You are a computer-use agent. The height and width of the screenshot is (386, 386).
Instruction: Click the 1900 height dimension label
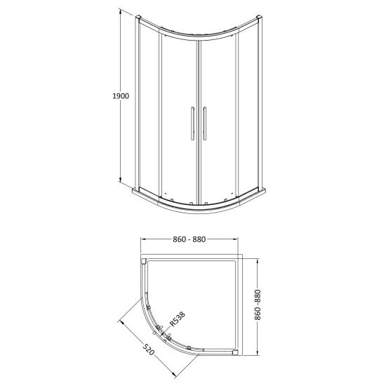(x=121, y=95)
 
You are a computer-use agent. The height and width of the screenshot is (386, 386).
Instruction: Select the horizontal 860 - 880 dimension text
(x=189, y=239)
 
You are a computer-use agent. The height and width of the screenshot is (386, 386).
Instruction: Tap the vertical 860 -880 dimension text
(x=258, y=305)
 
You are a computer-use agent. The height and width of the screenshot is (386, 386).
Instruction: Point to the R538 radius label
(x=178, y=319)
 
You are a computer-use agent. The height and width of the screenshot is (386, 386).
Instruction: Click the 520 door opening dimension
(x=149, y=350)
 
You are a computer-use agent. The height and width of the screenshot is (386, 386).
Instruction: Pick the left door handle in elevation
(x=192, y=124)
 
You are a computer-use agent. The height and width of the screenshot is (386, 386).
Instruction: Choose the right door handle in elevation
(x=204, y=124)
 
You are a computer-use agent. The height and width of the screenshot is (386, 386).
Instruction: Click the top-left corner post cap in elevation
(x=138, y=18)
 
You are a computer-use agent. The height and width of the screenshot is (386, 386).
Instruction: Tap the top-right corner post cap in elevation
(x=259, y=18)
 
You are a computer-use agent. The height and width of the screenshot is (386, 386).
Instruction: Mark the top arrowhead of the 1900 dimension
(x=121, y=11)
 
